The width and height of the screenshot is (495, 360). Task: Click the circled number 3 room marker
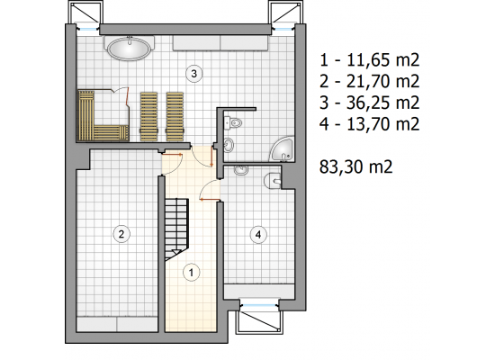pos(193,74)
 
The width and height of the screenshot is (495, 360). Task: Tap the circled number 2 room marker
pos(121,234)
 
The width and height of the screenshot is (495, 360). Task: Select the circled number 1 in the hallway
pos(192,272)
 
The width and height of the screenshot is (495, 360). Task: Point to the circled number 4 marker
pos(258,235)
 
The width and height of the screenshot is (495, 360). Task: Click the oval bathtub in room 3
pos(129,48)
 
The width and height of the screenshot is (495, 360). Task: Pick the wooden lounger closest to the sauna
pos(148,116)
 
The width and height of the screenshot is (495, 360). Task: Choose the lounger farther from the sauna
pos(175,116)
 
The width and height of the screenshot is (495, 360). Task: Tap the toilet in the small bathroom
pos(233,122)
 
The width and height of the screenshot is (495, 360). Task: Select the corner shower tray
pos(282,149)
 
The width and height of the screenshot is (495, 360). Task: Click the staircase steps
pos(176,228)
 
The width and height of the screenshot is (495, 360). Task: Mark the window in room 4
pos(259,305)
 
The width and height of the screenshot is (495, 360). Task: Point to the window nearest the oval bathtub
pos(87,29)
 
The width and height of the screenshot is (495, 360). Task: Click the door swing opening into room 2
pos(172,164)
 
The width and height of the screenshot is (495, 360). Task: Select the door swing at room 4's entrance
pos(210,190)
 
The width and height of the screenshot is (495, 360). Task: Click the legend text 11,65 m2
pos(382,59)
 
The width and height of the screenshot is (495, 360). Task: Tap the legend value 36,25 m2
pos(382,103)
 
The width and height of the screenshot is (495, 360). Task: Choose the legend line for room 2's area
pos(370,81)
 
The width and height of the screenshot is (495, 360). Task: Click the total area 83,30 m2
pos(355,166)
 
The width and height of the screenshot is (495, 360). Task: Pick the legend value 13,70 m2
pos(382,124)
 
